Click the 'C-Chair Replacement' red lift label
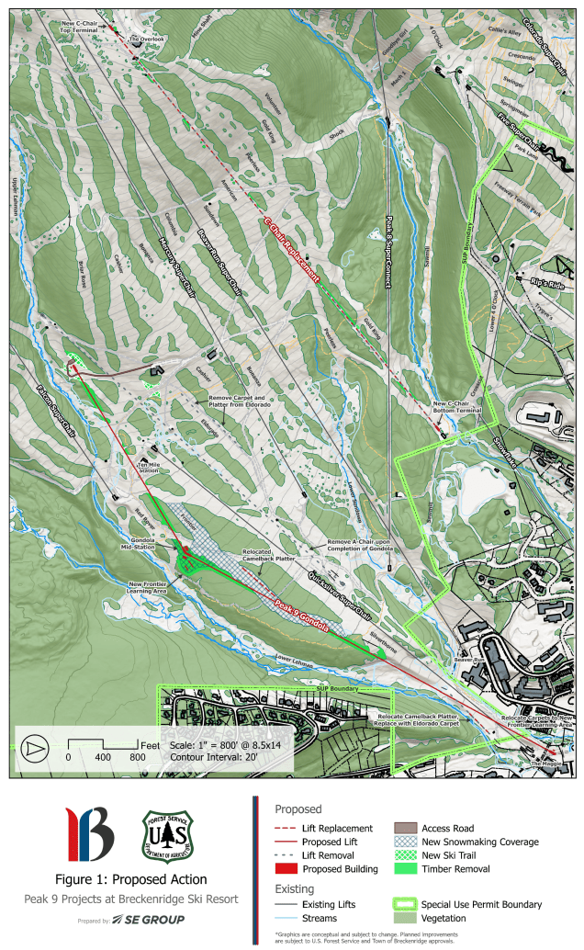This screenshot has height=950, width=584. tap(297, 251)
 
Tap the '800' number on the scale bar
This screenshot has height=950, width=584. tap(137, 758)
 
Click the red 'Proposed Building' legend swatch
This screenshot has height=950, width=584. tap(287, 868)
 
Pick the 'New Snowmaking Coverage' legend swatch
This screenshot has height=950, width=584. tap(408, 842)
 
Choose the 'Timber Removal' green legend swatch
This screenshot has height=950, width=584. tap(408, 868)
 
